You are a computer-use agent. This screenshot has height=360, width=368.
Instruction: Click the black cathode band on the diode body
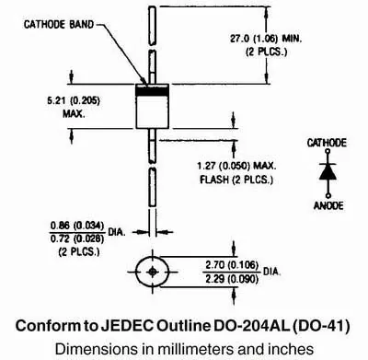coord(153,91)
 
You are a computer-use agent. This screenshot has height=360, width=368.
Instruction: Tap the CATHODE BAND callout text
coord(59,25)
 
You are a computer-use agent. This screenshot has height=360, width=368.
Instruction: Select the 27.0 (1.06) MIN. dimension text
coord(266,39)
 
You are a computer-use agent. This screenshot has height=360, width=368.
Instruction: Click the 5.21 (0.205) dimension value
coord(74,100)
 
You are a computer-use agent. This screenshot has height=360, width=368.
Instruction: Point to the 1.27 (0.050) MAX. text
coord(236,166)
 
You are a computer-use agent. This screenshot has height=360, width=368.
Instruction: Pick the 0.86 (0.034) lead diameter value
coord(77,226)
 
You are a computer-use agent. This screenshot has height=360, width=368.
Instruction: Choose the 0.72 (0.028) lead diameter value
coord(77,238)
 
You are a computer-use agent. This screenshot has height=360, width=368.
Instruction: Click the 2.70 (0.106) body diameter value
coord(232,265)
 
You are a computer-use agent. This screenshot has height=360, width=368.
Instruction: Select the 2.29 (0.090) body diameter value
coord(232,279)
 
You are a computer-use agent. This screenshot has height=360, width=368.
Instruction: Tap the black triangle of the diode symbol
coord(328,173)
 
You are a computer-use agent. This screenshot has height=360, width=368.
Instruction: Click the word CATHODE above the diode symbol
coord(327,143)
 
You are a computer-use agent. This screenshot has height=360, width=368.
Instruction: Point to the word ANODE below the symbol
coord(328,205)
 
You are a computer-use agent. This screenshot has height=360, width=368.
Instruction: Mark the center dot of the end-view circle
coord(153,272)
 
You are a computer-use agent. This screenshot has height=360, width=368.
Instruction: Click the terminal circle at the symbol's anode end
coord(328,195)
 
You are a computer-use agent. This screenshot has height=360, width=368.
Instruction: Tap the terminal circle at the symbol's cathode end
coord(328,151)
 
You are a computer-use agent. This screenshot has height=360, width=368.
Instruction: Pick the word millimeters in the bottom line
coord(188,349)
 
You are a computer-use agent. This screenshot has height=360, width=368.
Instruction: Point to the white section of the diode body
coord(153,112)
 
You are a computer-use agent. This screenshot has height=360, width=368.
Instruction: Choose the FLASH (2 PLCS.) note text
coord(236,180)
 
